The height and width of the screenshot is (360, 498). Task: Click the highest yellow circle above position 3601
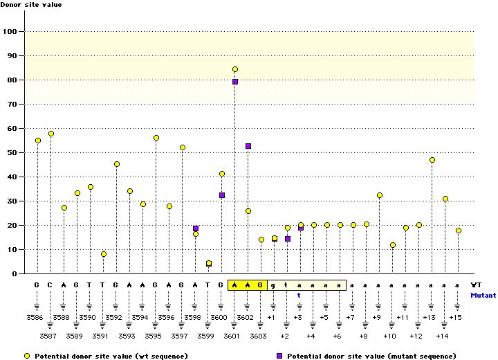235,69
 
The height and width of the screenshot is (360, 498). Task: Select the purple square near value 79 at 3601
235,82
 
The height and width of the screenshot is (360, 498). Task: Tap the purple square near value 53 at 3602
248,146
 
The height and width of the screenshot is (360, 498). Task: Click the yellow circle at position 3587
50,134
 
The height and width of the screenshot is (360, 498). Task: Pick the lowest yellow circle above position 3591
104,254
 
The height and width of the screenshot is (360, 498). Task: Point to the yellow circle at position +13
432,160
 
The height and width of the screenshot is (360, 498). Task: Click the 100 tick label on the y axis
10,32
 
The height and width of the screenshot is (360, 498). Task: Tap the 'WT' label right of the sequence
477,285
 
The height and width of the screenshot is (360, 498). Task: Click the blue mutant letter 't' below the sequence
299,294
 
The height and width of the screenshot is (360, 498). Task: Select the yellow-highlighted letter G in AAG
261,285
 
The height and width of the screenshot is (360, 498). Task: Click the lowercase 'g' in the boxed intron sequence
274,285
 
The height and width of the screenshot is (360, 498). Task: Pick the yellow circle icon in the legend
28,355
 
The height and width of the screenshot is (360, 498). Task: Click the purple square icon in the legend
279,355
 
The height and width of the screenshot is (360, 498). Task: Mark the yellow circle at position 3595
156,138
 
